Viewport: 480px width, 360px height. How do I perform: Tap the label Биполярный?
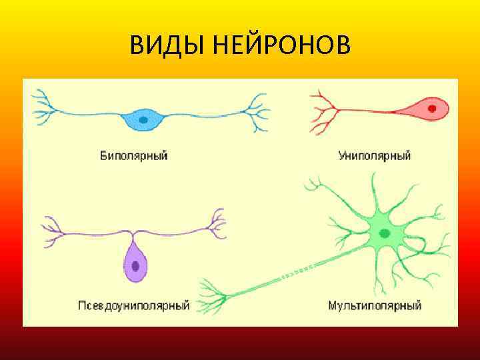pos(133,156)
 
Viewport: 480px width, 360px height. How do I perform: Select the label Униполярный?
pos(375,156)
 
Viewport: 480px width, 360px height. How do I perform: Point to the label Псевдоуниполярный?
pos(133,306)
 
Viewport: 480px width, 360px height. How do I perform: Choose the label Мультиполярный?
pos(375,306)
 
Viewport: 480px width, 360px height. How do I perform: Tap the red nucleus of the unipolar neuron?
pos(432,107)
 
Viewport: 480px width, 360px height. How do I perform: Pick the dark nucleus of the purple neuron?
pos(135,265)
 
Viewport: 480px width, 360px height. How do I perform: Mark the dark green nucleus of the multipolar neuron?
pos(385,233)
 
